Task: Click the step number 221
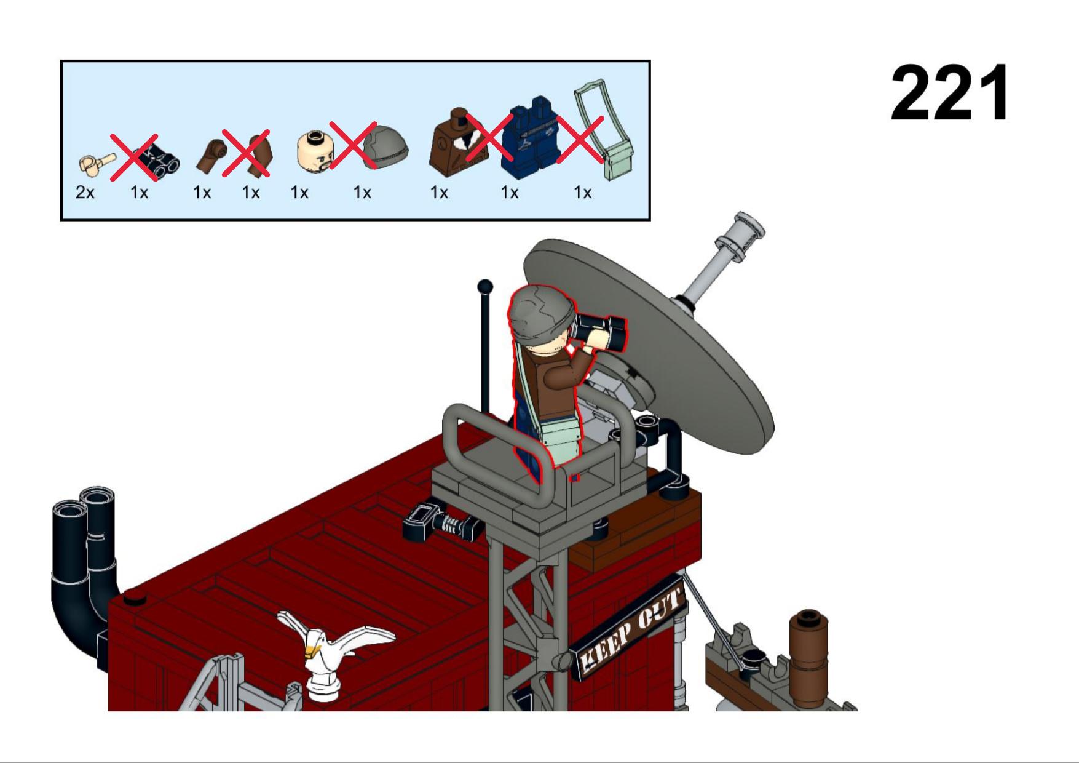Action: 949,93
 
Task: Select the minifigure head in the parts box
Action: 315,151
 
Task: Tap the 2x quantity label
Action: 85,193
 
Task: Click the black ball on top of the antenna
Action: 485,286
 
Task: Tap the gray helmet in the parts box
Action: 385,146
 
